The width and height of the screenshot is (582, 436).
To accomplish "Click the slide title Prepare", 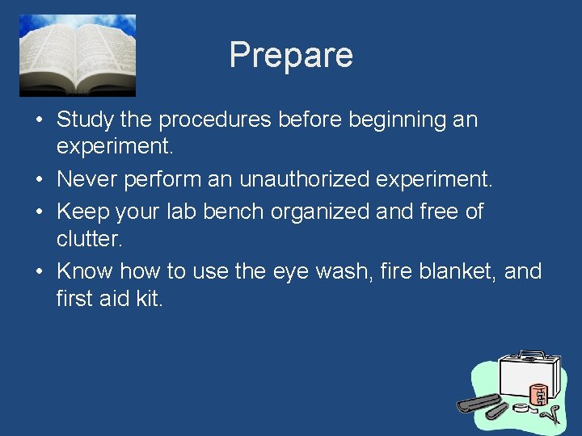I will [291, 56].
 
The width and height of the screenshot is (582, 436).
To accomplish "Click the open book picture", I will [78, 55].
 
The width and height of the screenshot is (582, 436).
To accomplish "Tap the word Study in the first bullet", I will [86, 120].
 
